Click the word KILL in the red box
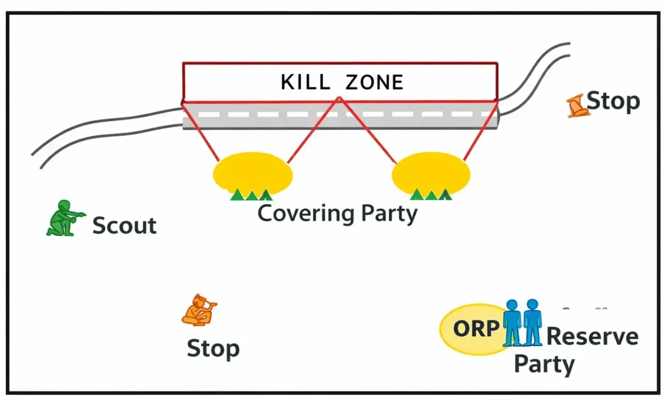(x=305, y=82)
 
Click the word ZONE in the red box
(x=374, y=82)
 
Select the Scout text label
(x=124, y=226)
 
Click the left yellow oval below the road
(x=253, y=172)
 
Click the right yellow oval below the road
(x=430, y=172)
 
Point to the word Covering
(x=305, y=214)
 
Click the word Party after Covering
(x=389, y=214)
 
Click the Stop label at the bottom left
(x=213, y=349)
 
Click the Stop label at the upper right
(x=613, y=101)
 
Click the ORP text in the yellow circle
(x=475, y=329)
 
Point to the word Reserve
(x=592, y=337)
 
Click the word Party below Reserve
(x=544, y=364)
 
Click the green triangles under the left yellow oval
(x=251, y=195)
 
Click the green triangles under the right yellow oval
(x=431, y=195)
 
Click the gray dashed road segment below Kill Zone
(x=339, y=115)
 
